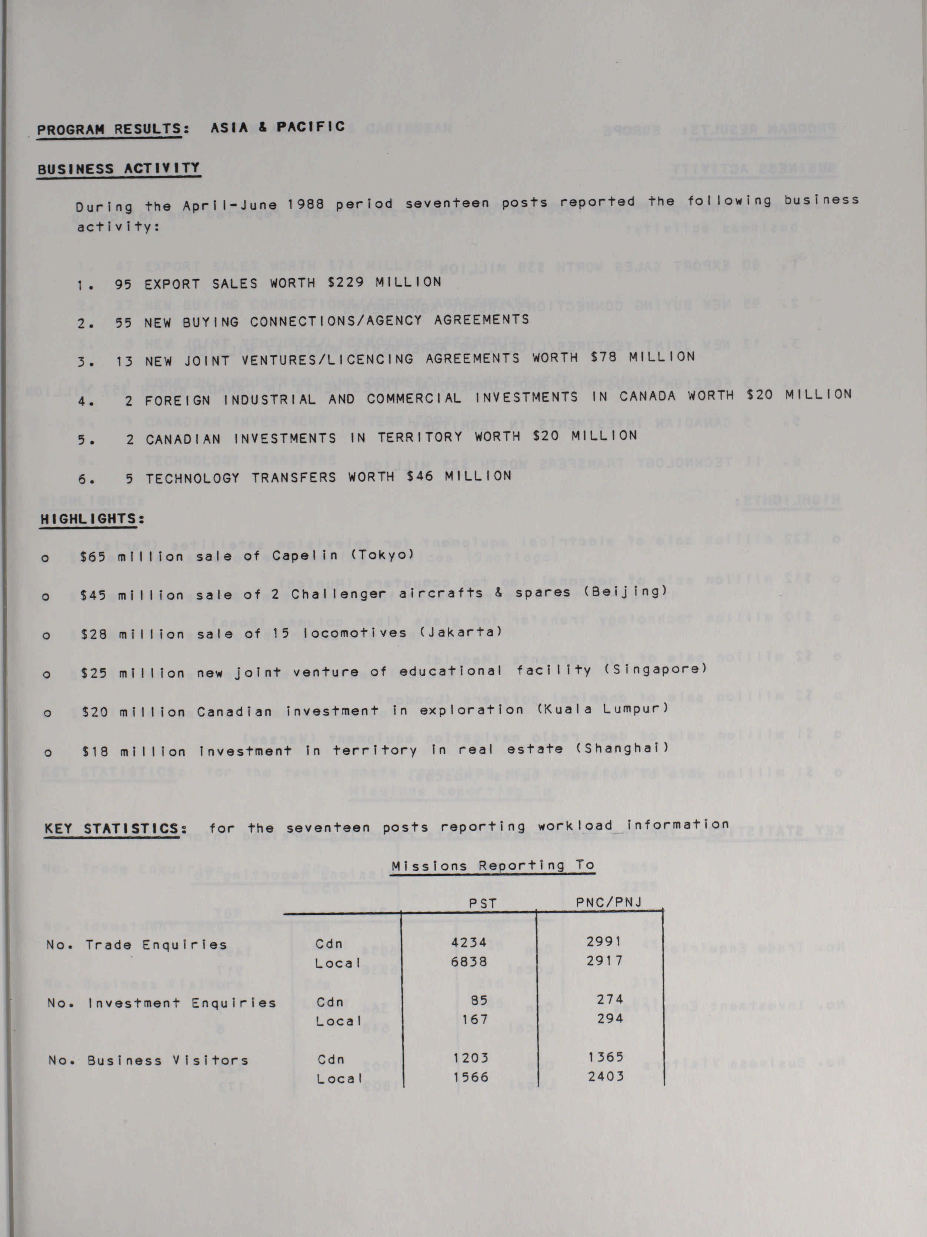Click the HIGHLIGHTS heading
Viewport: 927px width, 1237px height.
(x=92, y=519)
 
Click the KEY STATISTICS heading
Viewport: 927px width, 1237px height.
(x=114, y=828)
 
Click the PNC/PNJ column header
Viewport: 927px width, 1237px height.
(x=608, y=902)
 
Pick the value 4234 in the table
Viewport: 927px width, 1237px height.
(x=469, y=942)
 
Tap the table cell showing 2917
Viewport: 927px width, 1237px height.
(x=605, y=961)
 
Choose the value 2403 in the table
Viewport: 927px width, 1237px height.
(x=606, y=1076)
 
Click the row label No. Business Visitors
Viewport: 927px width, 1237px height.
(x=148, y=1060)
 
